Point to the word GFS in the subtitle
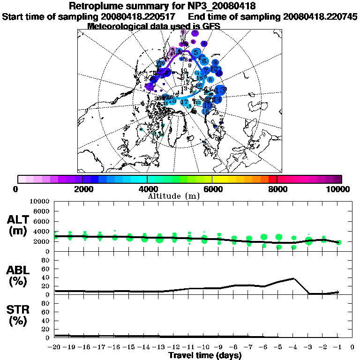pyautogui.click(x=211, y=26)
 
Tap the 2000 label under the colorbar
pyautogui.click(x=82, y=189)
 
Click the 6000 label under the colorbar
pyautogui.click(x=212, y=189)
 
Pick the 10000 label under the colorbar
pyautogui.click(x=338, y=189)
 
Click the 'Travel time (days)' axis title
pyautogui.click(x=205, y=355)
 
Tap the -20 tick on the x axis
pyautogui.click(x=55, y=347)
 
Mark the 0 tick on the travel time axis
pyautogui.click(x=352, y=347)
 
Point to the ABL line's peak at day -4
pyautogui.click(x=293, y=278)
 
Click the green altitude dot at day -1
pyautogui.click(x=338, y=242)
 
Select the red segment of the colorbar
pyautogui.click(x=272, y=179)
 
